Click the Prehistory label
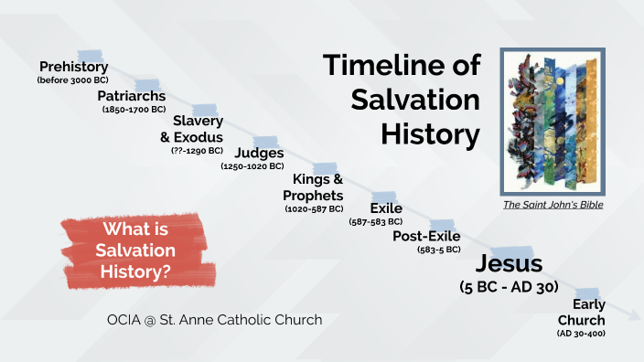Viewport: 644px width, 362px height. click(x=74, y=67)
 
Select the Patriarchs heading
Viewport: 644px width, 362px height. click(x=133, y=95)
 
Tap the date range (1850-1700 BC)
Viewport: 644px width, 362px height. click(x=134, y=109)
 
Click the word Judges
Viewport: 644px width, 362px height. click(x=259, y=153)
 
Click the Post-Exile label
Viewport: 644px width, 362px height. click(x=426, y=236)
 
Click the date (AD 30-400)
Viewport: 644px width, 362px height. click(x=581, y=335)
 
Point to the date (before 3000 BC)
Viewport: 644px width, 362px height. click(x=73, y=80)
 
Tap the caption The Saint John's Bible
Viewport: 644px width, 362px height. click(x=553, y=205)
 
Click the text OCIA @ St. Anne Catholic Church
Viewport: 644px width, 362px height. click(x=214, y=320)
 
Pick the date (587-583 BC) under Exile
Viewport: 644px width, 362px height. click(x=376, y=222)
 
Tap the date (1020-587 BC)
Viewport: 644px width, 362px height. click(x=315, y=208)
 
